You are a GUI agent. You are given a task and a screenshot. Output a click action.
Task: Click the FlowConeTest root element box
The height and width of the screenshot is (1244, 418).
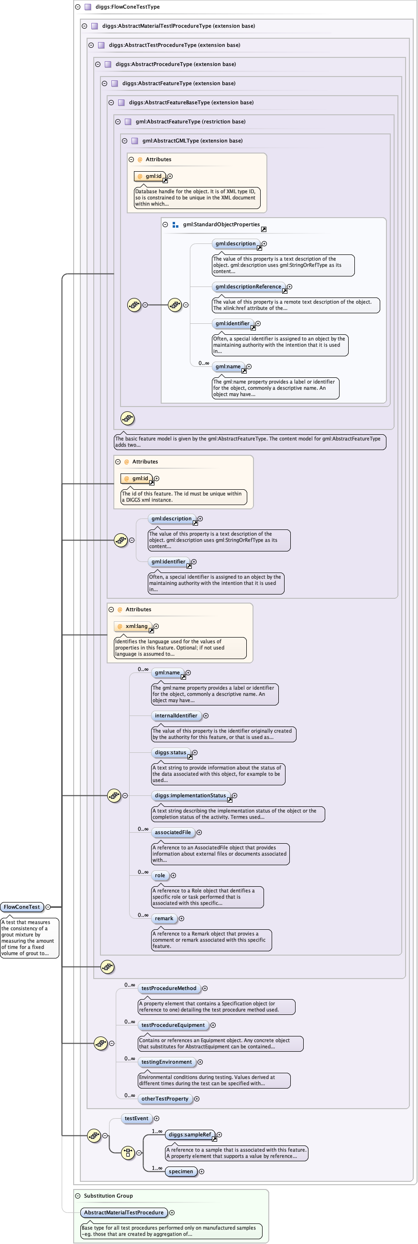pyautogui.click(x=22, y=907)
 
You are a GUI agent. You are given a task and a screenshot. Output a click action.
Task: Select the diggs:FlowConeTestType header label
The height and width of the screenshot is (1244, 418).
pyautogui.click(x=127, y=7)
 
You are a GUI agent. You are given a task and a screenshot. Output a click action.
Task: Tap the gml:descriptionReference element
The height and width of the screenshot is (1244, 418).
pyautogui.click(x=248, y=287)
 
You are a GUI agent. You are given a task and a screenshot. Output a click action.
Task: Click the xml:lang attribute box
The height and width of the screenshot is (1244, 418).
pyautogui.click(x=133, y=627)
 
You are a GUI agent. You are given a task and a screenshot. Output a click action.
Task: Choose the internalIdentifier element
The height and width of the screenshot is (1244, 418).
pyautogui.click(x=176, y=716)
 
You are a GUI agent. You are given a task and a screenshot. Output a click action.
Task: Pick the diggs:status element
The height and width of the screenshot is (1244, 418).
pyautogui.click(x=170, y=752)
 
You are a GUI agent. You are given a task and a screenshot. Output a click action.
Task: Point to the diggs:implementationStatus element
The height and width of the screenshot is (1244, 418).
pyautogui.click(x=190, y=795)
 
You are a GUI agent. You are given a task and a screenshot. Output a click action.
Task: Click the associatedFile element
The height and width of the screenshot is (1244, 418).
pyautogui.click(x=173, y=832)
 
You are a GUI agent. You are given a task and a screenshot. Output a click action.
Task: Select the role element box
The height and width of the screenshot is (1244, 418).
pyautogui.click(x=160, y=875)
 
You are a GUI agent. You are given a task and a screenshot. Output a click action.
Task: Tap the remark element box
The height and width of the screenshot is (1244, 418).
pyautogui.click(x=164, y=918)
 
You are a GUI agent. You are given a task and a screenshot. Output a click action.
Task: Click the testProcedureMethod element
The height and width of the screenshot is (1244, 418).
pyautogui.click(x=169, y=988)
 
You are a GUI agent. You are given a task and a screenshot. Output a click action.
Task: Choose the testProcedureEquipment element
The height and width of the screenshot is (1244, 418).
pyautogui.click(x=173, y=1025)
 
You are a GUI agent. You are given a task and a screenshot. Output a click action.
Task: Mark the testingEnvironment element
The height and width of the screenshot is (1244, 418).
pyautogui.click(x=166, y=1061)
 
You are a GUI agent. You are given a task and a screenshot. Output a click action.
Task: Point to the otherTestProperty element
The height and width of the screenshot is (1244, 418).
pyautogui.click(x=165, y=1098)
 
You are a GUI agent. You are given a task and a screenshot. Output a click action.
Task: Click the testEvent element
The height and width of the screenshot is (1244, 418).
pyautogui.click(x=137, y=1118)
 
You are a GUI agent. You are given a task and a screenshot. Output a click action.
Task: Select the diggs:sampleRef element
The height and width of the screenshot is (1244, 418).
pyautogui.click(x=190, y=1134)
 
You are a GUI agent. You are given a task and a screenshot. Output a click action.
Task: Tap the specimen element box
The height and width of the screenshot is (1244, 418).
pyautogui.click(x=181, y=1171)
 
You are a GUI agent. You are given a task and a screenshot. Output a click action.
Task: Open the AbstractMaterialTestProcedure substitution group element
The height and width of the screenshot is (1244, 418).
pyautogui.click(x=123, y=1212)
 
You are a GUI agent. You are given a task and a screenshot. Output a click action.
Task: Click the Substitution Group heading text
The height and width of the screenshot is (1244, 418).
pyautogui.click(x=108, y=1195)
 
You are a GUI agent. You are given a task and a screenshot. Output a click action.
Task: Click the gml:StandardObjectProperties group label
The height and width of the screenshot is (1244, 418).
pyautogui.click(x=221, y=225)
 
